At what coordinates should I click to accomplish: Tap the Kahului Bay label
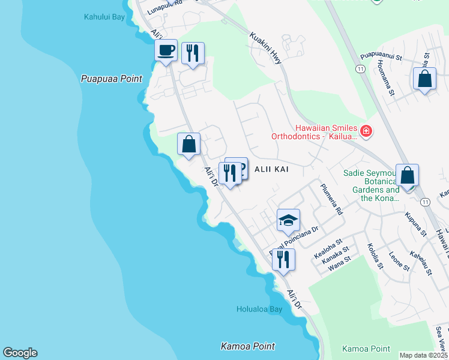[104, 17]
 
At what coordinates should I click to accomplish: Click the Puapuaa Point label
[112, 79]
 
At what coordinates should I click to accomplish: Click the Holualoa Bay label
[259, 310]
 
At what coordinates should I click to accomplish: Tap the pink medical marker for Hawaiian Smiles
[366, 130]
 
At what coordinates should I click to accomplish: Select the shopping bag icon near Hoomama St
[424, 79]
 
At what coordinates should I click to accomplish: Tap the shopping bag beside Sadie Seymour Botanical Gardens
[407, 176]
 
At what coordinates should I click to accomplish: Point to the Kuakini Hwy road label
[265, 46]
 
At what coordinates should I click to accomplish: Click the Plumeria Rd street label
[331, 199]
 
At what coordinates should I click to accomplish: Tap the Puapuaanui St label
[380, 57]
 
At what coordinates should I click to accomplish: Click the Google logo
[20, 353]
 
